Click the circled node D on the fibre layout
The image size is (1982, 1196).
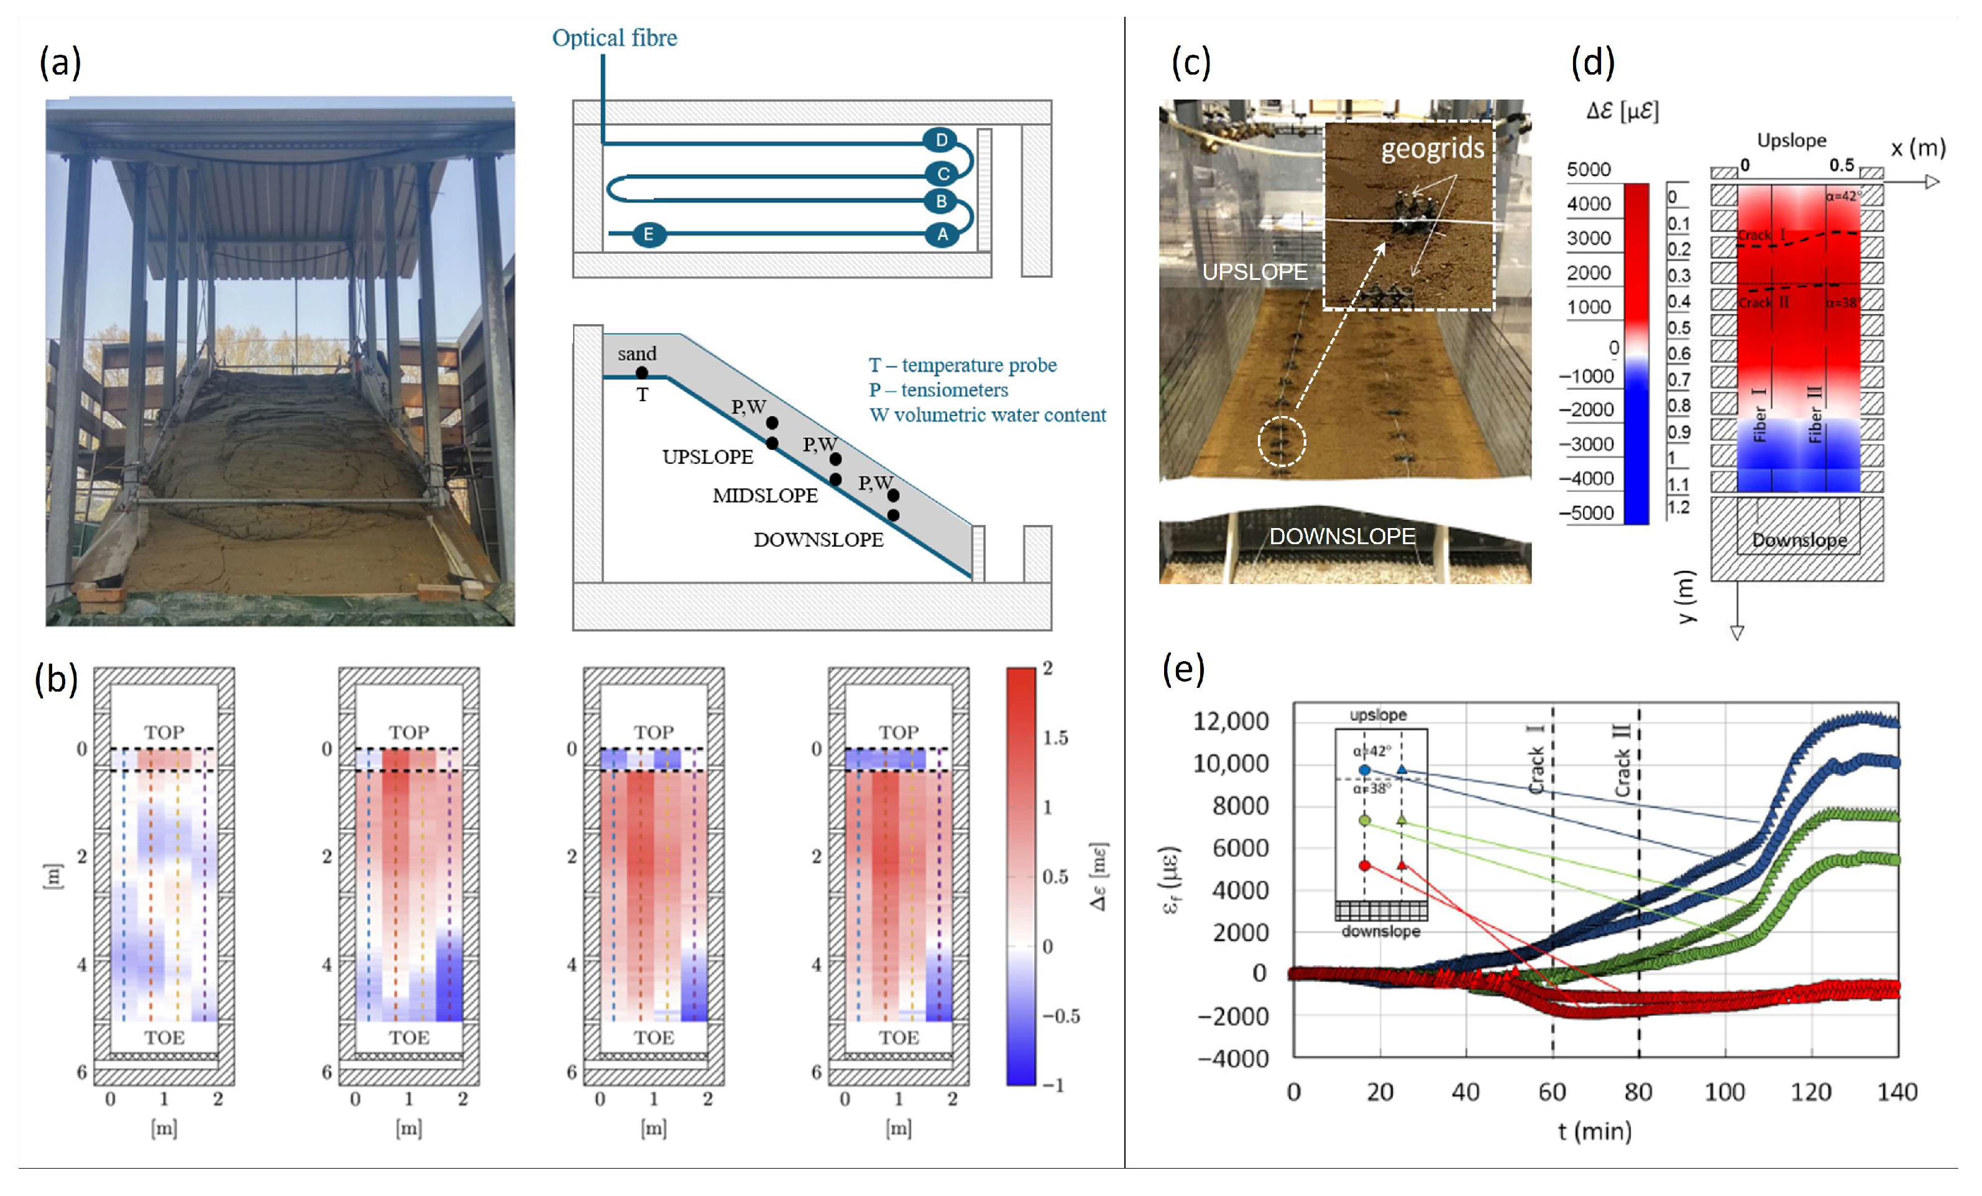[x=941, y=140]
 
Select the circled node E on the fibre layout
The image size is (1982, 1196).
[x=648, y=234]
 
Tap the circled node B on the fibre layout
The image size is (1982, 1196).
[x=941, y=200]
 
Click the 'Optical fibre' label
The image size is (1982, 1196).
[x=615, y=38]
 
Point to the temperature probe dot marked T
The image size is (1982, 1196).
[x=642, y=373]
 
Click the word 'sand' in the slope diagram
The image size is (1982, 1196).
[x=637, y=353]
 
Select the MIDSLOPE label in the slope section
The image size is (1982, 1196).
[x=765, y=496]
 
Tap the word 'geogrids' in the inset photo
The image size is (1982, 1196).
[x=1433, y=149]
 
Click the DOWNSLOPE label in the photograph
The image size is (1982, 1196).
[x=1342, y=536]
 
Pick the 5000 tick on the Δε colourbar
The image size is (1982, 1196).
[x=1589, y=170]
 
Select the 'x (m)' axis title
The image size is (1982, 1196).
[x=1917, y=148]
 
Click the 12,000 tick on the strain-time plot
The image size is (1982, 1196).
[x=1231, y=721]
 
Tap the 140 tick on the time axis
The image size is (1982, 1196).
[x=1897, y=1092]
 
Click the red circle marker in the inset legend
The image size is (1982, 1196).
[x=1364, y=865]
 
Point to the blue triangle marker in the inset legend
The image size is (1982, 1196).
[x=1402, y=769]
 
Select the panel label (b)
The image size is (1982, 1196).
[x=57, y=679]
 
